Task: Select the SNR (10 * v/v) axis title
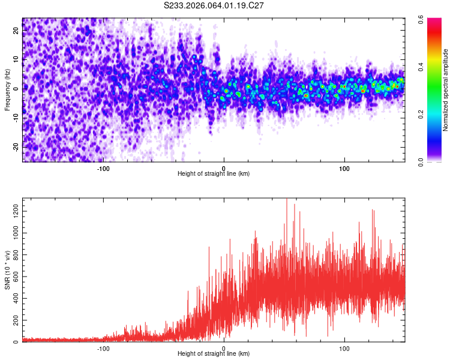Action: pos(7,270)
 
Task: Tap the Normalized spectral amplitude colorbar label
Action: pos(446,90)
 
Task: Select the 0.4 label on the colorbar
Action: pos(430,67)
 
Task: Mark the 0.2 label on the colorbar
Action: pos(430,114)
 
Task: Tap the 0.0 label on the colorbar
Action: pos(430,161)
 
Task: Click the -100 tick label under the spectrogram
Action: pos(103,169)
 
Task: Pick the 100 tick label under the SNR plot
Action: pos(344,349)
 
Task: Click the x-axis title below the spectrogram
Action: pos(214,174)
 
